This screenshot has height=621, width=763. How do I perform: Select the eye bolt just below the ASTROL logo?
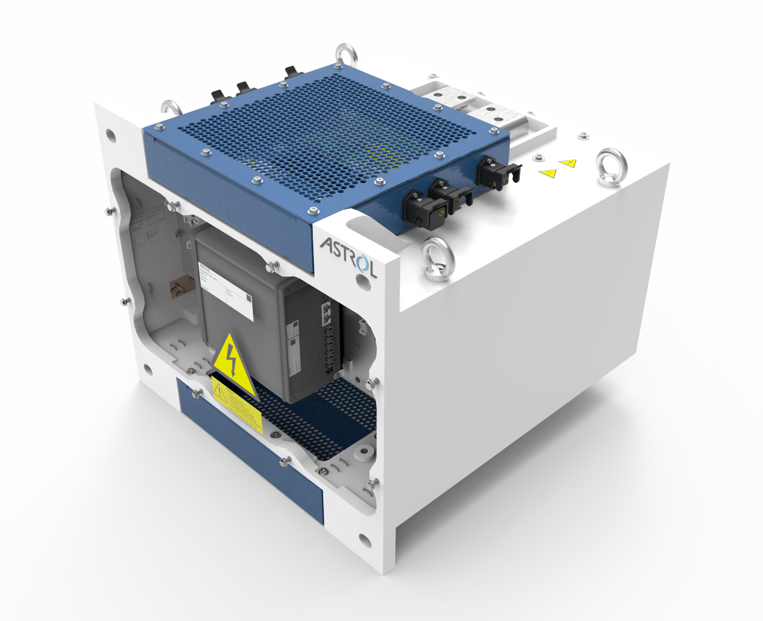(437, 259)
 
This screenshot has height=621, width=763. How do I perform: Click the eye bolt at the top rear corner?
(346, 56)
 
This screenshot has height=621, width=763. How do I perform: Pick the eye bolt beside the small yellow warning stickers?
(611, 168)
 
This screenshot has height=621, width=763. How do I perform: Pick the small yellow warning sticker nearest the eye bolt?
(568, 163)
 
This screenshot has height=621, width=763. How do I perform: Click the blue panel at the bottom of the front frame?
(250, 445)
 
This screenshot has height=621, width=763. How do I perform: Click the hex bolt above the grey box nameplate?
(272, 266)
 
